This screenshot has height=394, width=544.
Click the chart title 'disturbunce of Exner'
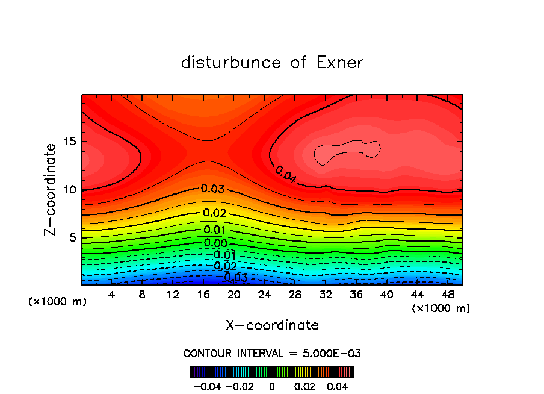pos(272,63)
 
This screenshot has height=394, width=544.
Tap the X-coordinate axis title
pos(272,325)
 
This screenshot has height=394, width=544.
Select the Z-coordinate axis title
pos(51,189)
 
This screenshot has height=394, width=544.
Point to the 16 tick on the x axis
pos(203,295)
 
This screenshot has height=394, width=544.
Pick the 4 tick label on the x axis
pos(112,295)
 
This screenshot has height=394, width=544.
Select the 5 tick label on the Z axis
pos(70,238)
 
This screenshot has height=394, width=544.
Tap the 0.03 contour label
pos(212,189)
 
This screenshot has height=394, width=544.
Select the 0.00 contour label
pos(215,243)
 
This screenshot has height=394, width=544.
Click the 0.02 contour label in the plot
pos(214,213)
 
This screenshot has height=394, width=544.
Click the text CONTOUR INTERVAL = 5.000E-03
pos(272,353)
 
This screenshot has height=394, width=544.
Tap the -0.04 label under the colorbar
pos(207,385)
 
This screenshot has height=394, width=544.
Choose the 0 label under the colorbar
pos(272,385)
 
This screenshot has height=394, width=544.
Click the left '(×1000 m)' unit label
pos(58,302)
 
